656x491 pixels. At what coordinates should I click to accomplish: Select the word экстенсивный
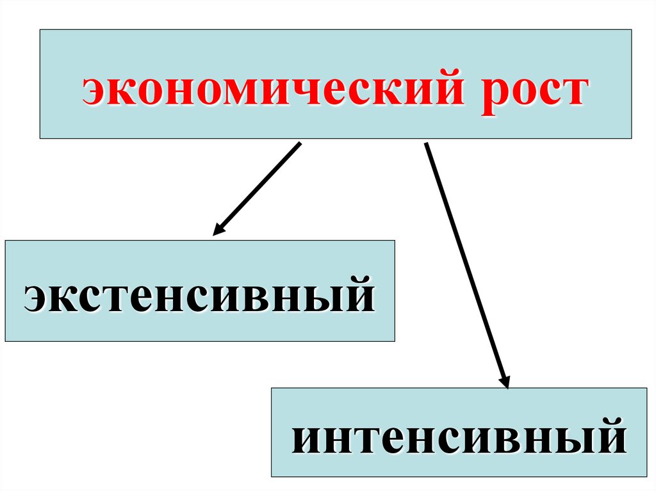199,296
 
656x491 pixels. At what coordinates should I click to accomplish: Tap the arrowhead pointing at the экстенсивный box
218,230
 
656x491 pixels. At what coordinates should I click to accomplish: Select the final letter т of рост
571,90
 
